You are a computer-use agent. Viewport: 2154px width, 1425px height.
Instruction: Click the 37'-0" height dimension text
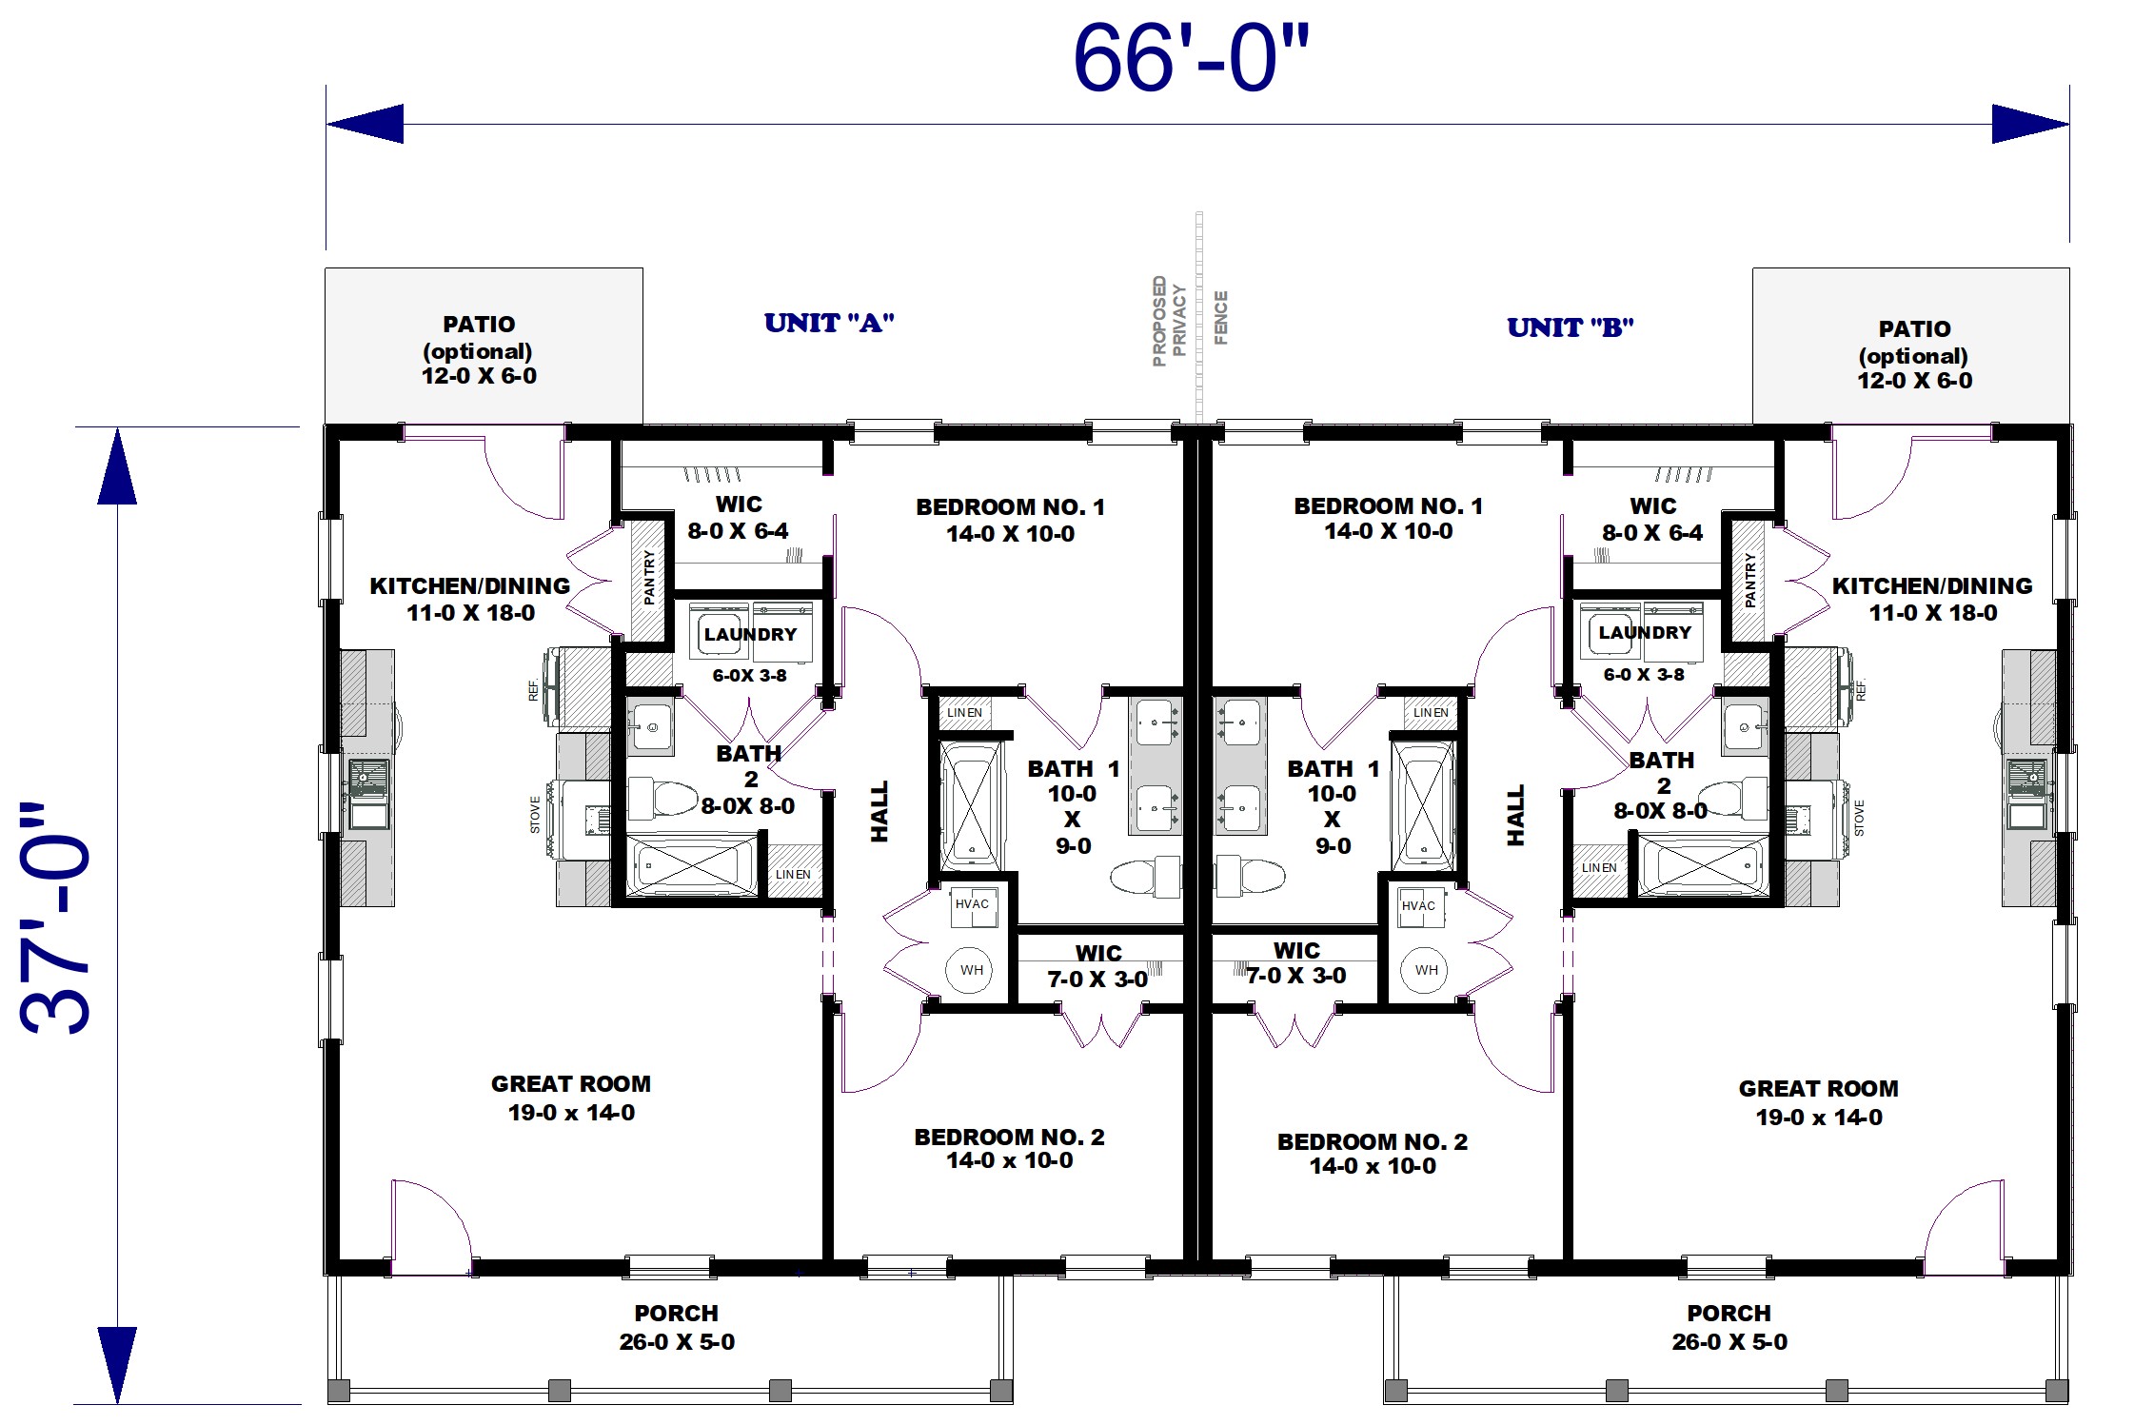(55, 920)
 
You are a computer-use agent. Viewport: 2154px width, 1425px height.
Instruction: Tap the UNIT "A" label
(829, 324)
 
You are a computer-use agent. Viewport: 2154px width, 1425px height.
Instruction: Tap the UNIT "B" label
(1571, 327)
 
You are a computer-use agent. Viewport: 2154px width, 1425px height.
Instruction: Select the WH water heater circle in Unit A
(971, 970)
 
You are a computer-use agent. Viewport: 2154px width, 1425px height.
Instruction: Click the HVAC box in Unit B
(1418, 905)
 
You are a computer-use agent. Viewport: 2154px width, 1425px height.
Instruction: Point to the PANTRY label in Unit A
(649, 577)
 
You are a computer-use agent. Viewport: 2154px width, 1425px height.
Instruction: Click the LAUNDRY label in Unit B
(1645, 632)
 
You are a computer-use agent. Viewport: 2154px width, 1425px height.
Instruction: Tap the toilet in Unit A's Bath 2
(663, 798)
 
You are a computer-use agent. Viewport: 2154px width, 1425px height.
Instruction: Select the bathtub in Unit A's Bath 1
(972, 806)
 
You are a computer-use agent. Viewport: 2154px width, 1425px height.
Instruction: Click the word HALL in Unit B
(1515, 815)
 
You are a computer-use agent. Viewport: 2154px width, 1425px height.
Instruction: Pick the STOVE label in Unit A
(535, 815)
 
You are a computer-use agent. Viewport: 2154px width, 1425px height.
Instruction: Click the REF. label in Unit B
(1860, 690)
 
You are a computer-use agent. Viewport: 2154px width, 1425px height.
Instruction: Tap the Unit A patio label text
(479, 350)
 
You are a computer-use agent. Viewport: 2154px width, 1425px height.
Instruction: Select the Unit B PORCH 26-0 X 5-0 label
(1729, 1327)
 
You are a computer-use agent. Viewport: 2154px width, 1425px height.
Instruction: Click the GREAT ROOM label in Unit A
(571, 1098)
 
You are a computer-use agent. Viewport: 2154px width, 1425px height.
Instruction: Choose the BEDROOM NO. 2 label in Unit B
(1373, 1154)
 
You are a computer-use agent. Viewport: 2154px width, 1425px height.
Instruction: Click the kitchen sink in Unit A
(368, 794)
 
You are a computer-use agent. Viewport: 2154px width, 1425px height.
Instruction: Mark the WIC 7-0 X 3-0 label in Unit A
(1098, 965)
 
